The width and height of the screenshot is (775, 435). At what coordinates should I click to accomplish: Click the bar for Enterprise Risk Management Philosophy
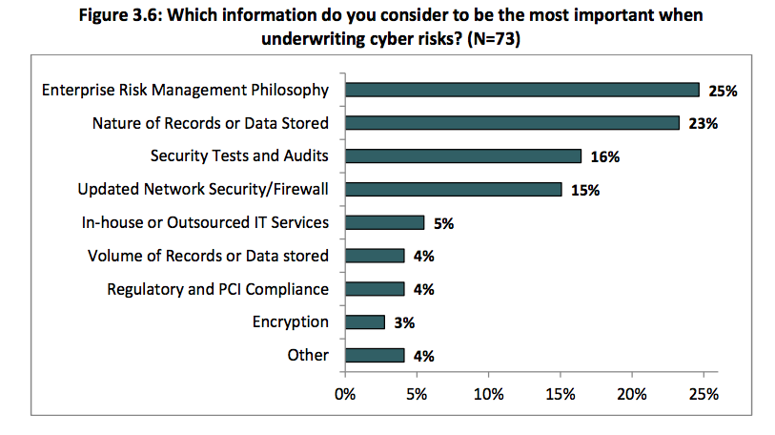pyautogui.click(x=522, y=90)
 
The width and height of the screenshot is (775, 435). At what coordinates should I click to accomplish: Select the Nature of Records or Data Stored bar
pyautogui.click(x=512, y=123)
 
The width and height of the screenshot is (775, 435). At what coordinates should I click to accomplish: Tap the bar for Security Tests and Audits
pyautogui.click(x=463, y=155)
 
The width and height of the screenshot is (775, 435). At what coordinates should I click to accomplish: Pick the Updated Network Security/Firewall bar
pyautogui.click(x=454, y=189)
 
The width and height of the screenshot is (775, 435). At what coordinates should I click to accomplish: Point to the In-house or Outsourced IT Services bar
pyautogui.click(x=384, y=222)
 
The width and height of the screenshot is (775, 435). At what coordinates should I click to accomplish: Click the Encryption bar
pyautogui.click(x=365, y=321)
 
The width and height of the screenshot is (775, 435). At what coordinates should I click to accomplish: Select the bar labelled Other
pyautogui.click(x=375, y=355)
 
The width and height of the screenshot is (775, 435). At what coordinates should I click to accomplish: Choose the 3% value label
pyautogui.click(x=404, y=322)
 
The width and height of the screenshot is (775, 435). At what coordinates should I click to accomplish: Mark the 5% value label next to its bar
pyautogui.click(x=443, y=223)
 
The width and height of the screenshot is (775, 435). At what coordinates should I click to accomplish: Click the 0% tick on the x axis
pyautogui.click(x=345, y=392)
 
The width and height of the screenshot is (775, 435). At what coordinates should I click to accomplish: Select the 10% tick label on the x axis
pyautogui.click(x=489, y=392)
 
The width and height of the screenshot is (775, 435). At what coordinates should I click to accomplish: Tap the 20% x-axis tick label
pyautogui.click(x=632, y=392)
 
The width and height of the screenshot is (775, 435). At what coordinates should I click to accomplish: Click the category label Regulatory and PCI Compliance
pyautogui.click(x=217, y=289)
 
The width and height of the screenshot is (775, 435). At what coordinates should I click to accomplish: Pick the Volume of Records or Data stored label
pyautogui.click(x=208, y=256)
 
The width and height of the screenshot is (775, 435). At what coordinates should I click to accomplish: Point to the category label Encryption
pyautogui.click(x=291, y=321)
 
